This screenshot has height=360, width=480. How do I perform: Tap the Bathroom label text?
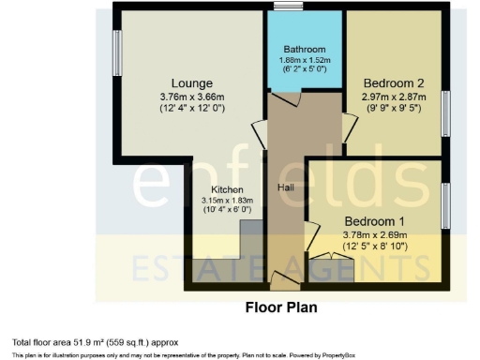[x=306, y=50]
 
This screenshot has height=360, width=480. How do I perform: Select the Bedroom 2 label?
[x=395, y=82]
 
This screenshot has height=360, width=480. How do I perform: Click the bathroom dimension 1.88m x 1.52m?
[x=306, y=61]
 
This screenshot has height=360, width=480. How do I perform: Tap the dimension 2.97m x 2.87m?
[x=395, y=97]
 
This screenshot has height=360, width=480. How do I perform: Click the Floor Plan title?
[x=281, y=307]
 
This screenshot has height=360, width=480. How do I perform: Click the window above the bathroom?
[x=289, y=7]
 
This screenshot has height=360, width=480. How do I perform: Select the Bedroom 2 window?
[x=446, y=111]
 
